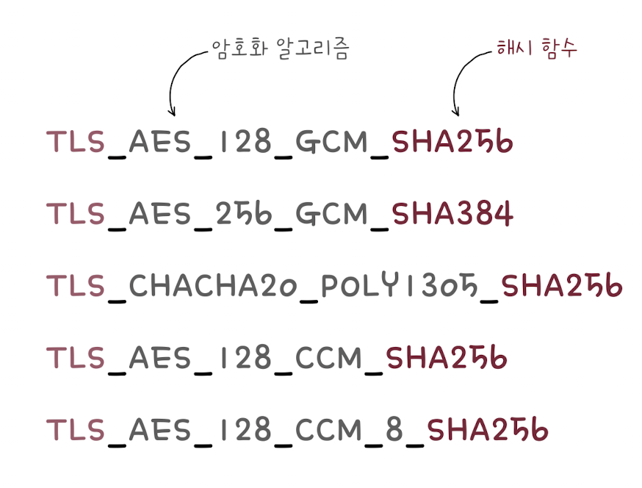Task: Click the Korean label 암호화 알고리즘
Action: (280, 49)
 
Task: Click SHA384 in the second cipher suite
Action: (452, 214)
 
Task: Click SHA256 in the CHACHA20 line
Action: (561, 286)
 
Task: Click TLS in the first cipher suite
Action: (76, 143)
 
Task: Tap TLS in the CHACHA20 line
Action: (76, 286)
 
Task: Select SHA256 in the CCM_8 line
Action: (488, 430)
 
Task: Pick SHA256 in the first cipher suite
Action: (452, 143)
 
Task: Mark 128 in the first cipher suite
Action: (242, 143)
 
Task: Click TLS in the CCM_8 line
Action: (76, 430)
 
